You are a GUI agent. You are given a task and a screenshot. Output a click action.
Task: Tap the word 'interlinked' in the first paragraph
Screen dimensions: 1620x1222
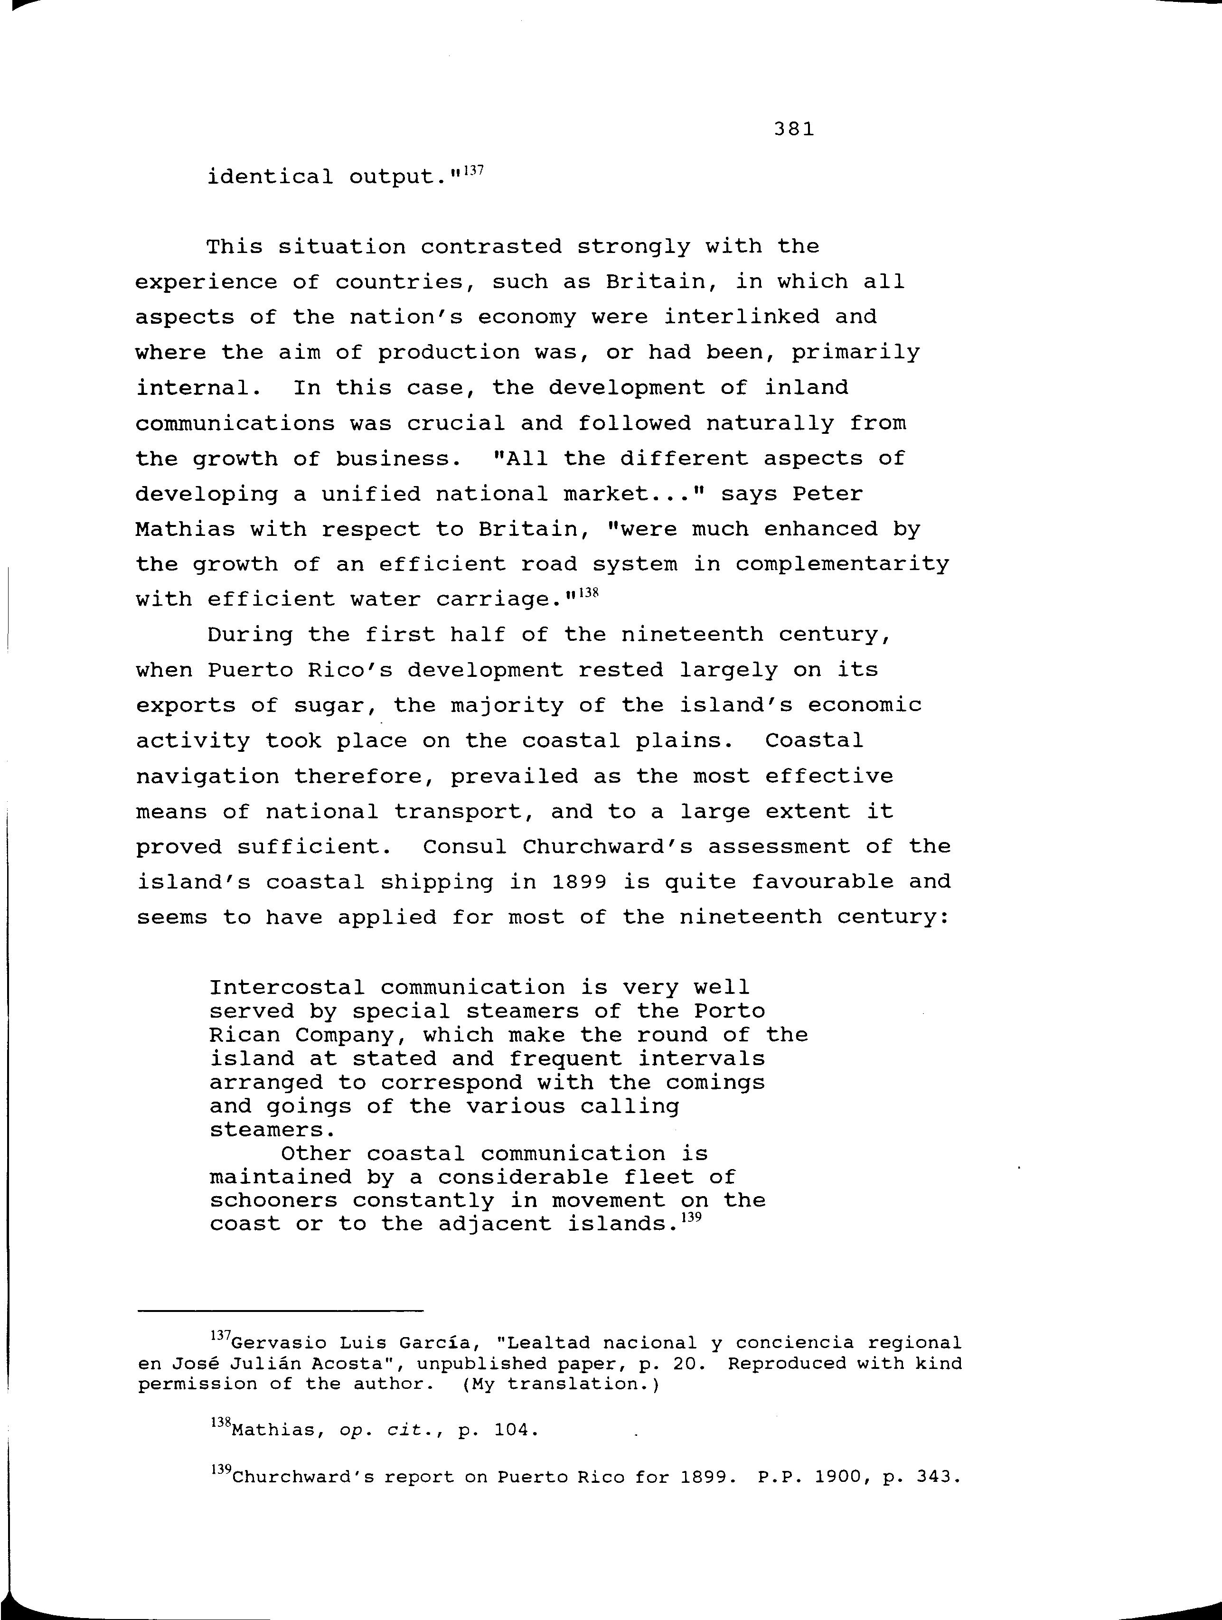tap(742, 317)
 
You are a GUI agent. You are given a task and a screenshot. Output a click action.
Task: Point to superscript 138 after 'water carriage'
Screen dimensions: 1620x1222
tap(589, 594)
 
